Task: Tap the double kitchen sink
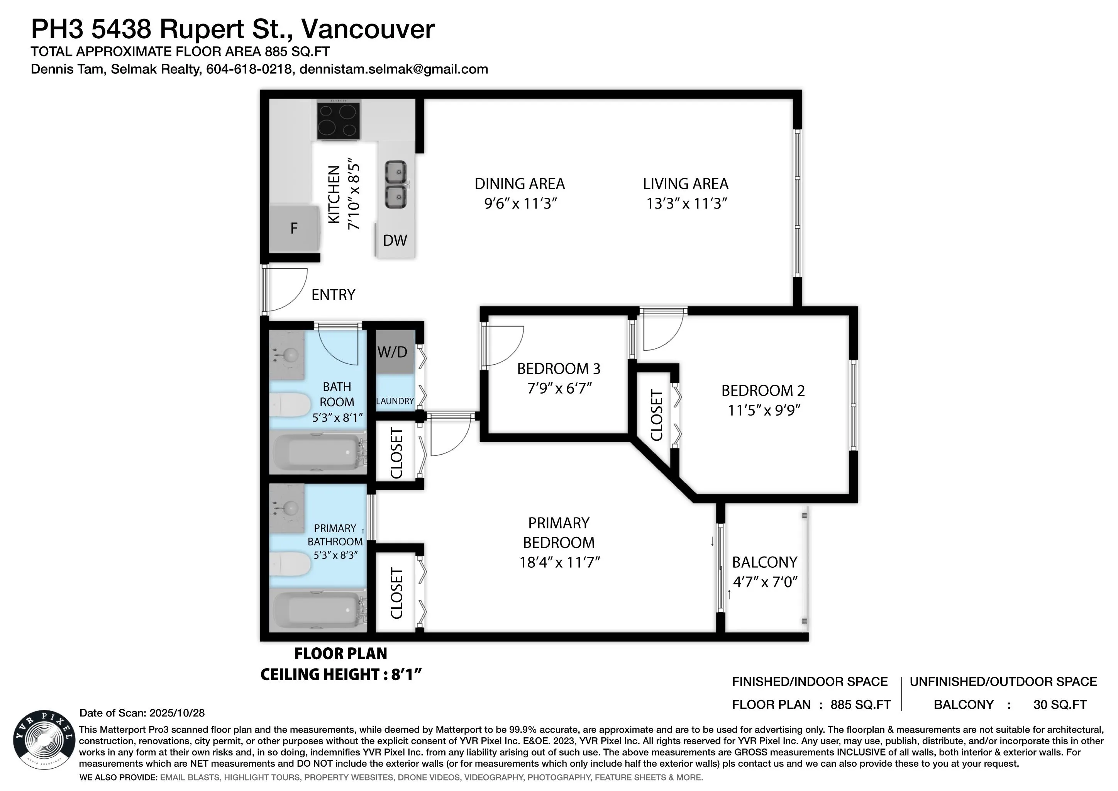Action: (x=396, y=185)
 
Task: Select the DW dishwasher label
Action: (x=395, y=240)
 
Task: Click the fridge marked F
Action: (x=294, y=228)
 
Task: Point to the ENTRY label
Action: (x=333, y=295)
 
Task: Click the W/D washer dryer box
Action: (x=393, y=352)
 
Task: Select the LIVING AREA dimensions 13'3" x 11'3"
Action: (x=686, y=203)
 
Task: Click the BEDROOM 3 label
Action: (x=559, y=369)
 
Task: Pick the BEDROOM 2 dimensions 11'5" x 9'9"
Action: (x=764, y=410)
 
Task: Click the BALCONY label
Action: (x=764, y=562)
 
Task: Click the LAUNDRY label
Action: (x=395, y=401)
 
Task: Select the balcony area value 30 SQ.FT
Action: (x=1060, y=705)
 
